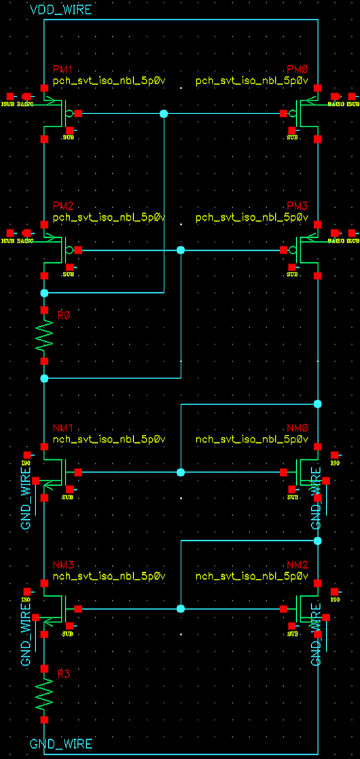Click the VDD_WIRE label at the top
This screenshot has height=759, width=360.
(60, 10)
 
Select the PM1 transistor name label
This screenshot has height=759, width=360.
(62, 70)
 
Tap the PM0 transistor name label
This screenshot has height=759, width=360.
(298, 70)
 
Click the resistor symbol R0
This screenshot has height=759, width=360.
(45, 335)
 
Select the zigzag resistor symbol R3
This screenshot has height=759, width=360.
(45, 694)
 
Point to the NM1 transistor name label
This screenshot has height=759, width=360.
(62, 428)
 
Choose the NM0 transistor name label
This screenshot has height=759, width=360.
(298, 428)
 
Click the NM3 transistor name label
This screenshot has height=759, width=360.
(62, 565)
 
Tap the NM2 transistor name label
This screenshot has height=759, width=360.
(298, 565)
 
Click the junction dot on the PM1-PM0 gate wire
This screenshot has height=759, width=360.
(163, 113)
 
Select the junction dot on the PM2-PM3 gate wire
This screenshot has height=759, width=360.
(181, 250)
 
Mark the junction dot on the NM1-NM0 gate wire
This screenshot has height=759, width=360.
(181, 472)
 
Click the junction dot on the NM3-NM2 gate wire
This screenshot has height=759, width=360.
(181, 609)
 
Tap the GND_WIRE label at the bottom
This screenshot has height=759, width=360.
(60, 744)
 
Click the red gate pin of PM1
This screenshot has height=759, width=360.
(79, 113)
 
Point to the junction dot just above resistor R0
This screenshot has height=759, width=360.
(45, 293)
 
